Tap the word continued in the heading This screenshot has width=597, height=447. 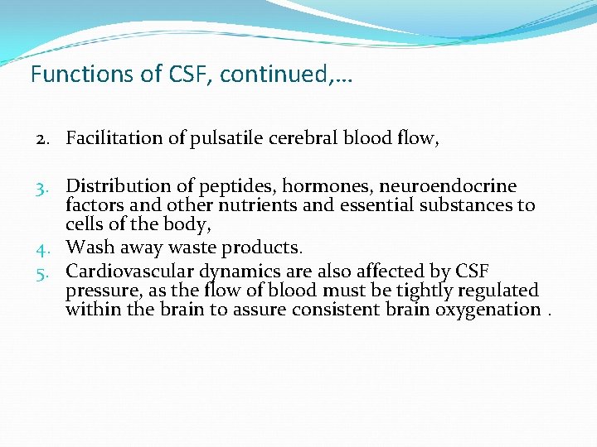(x=274, y=74)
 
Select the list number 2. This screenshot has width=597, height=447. (x=41, y=138)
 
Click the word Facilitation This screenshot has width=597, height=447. (x=114, y=138)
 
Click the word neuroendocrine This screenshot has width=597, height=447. (x=447, y=186)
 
